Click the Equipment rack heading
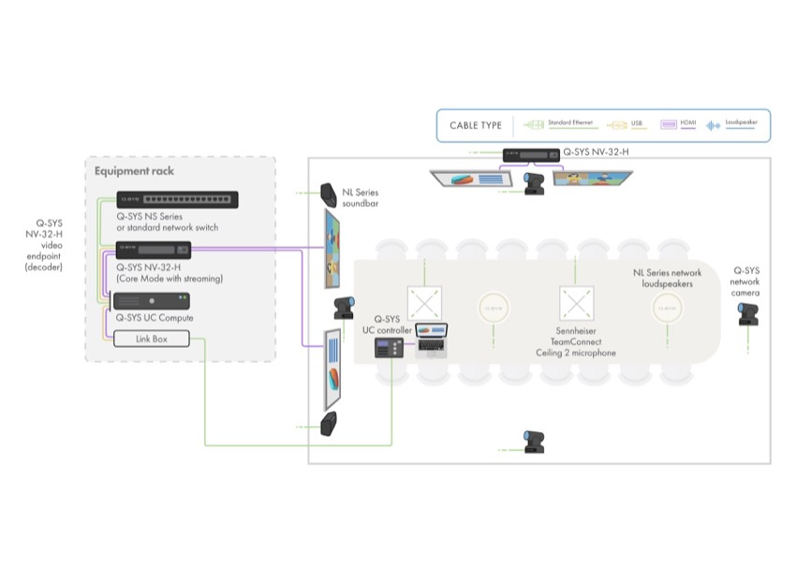(134, 171)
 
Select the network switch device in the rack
(176, 199)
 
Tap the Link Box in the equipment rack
(151, 339)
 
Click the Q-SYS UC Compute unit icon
(151, 301)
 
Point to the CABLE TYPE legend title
(476, 125)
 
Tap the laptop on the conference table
(432, 337)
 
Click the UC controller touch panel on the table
(389, 347)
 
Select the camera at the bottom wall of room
(534, 441)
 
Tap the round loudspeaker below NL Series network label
(666, 306)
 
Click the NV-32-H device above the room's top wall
(526, 156)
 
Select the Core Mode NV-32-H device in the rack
(154, 250)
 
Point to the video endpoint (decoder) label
(42, 245)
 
